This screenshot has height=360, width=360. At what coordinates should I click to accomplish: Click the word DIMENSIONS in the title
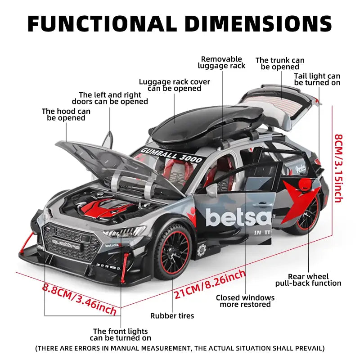258,23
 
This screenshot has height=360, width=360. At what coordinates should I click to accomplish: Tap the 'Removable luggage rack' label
221,63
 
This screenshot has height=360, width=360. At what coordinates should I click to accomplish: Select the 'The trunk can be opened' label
280,63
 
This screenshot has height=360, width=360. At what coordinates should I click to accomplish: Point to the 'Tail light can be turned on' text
317,80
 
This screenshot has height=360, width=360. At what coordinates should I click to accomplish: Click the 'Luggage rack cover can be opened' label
175,85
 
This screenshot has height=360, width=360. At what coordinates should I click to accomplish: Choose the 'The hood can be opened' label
66,114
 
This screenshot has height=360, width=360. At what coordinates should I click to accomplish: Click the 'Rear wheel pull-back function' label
308,280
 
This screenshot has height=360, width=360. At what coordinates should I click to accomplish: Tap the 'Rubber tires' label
172,316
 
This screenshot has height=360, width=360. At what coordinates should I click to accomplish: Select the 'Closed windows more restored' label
245,301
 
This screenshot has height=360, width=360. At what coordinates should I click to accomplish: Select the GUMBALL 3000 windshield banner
172,154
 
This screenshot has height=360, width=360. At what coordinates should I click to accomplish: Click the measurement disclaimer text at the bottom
180,348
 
